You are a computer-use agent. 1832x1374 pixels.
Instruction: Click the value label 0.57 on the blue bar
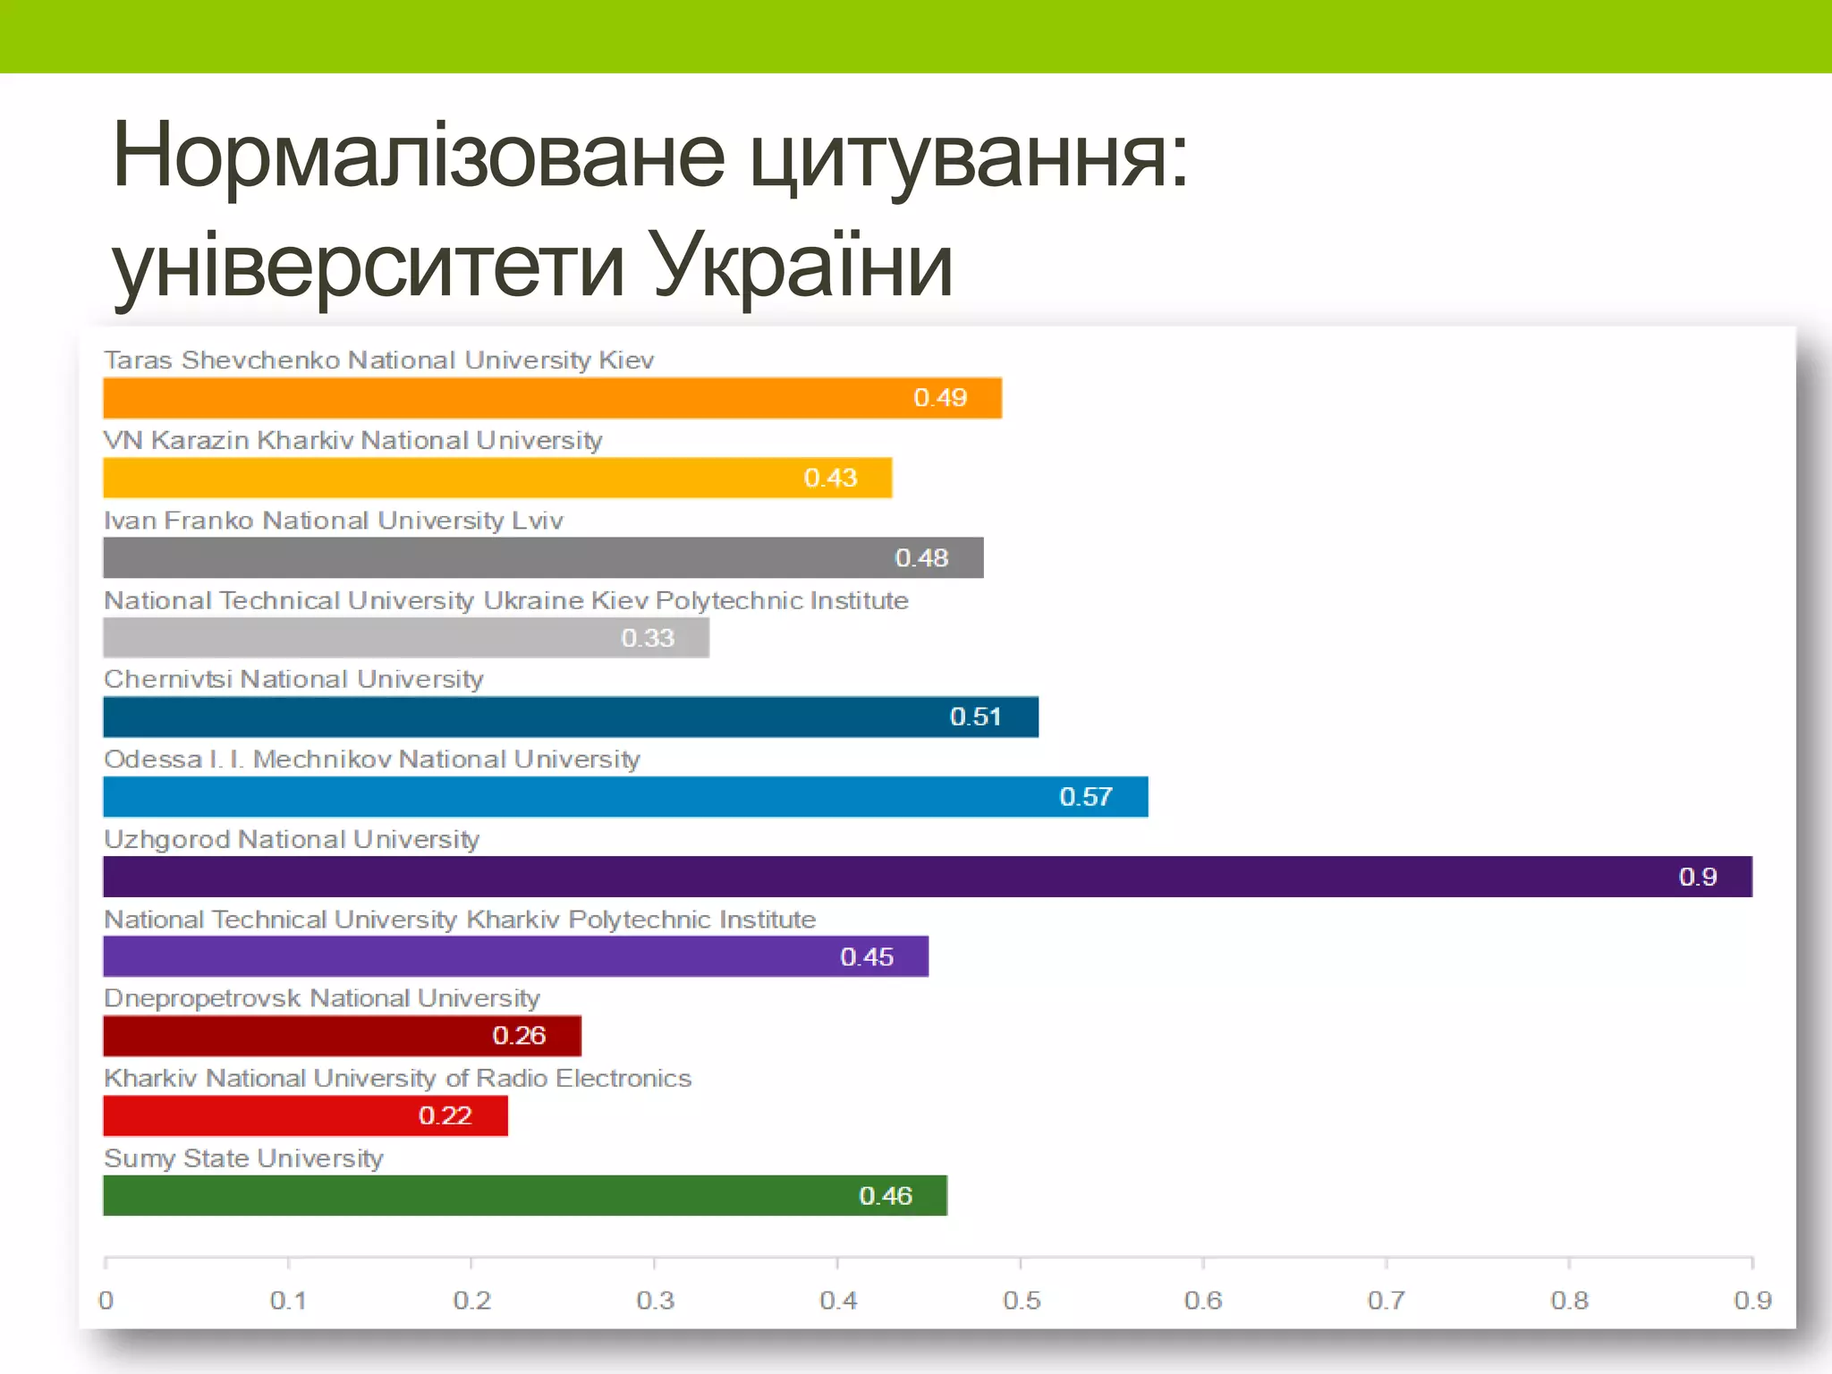click(1085, 797)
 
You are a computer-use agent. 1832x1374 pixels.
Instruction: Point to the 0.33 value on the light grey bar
click(648, 638)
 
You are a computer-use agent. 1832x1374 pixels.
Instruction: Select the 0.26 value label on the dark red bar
click(519, 1036)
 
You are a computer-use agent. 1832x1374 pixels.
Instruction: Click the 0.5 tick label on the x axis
click(1021, 1300)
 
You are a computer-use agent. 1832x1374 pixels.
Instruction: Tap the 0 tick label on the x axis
click(106, 1300)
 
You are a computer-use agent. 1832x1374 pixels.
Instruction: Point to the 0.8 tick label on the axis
click(1569, 1300)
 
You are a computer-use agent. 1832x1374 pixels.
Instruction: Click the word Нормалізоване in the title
click(418, 157)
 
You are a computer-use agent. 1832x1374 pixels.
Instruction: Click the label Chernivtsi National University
click(293, 679)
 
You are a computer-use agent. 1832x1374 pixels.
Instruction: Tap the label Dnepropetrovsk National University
click(322, 998)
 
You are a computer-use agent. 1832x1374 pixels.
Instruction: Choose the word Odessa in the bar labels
click(153, 759)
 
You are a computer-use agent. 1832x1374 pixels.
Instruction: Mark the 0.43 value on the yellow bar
click(830, 478)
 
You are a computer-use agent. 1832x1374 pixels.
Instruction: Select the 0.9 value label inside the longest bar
click(1697, 877)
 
